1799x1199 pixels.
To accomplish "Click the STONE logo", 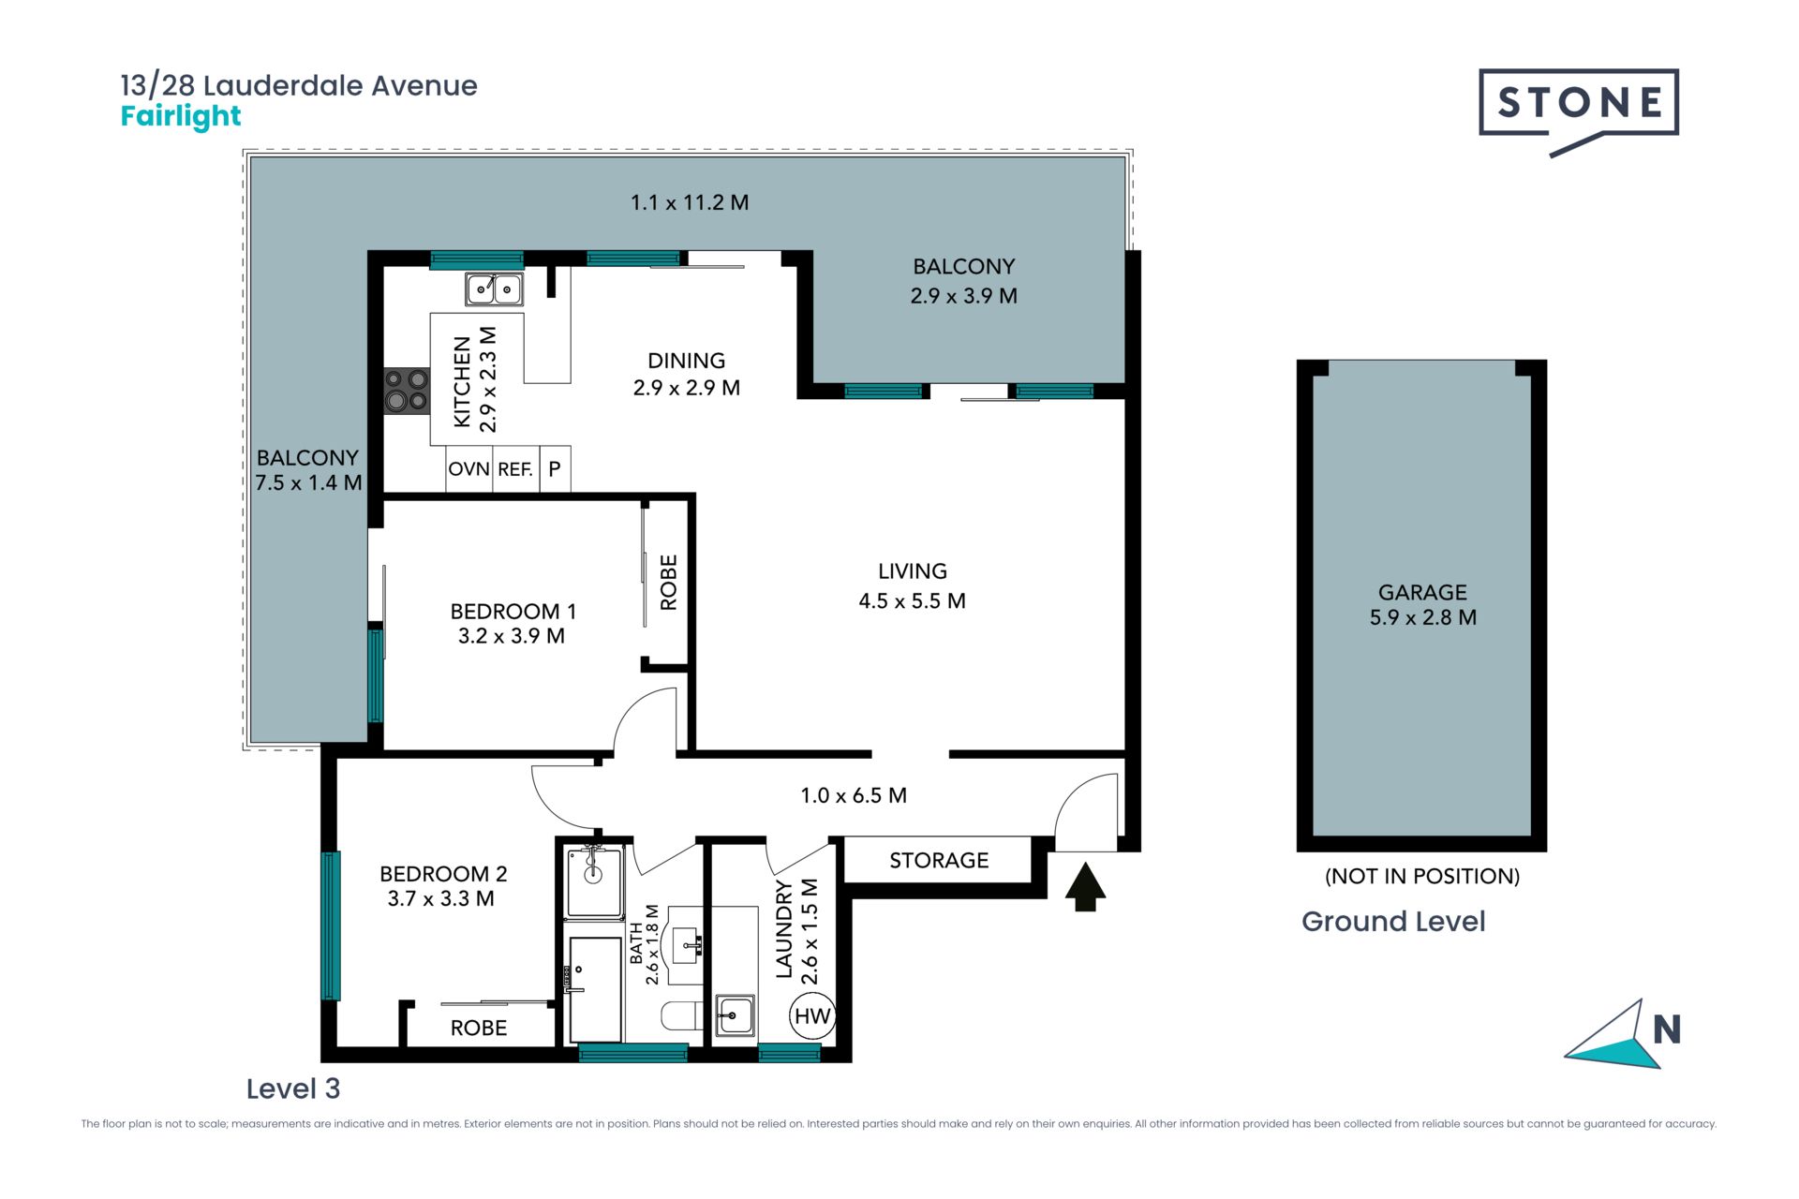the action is [x=1578, y=111].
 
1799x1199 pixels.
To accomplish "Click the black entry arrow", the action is [x=1085, y=887].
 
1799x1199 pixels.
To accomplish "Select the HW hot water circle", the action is [x=811, y=1016].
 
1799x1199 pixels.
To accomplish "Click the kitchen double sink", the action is [x=494, y=289].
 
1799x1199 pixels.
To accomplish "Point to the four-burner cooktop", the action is [x=406, y=390].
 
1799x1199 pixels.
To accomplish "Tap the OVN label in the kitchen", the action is [x=468, y=468].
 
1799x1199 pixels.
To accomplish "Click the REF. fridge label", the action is [x=515, y=469].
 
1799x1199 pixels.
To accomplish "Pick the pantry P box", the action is [x=555, y=468].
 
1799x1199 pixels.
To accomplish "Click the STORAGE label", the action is [x=939, y=860].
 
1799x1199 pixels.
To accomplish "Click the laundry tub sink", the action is [x=735, y=1014].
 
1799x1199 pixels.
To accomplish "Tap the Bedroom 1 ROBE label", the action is [x=669, y=583].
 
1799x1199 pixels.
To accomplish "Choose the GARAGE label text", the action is [x=1422, y=592].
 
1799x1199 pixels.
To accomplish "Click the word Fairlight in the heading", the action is [x=181, y=116].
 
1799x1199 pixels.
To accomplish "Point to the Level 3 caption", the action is [x=293, y=1088].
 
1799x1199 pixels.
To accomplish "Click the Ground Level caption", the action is [x=1393, y=922].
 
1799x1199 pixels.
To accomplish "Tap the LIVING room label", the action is [x=913, y=570].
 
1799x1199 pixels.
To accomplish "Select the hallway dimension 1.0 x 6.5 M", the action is [x=854, y=795].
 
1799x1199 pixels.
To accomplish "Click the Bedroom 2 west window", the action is [x=330, y=925].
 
